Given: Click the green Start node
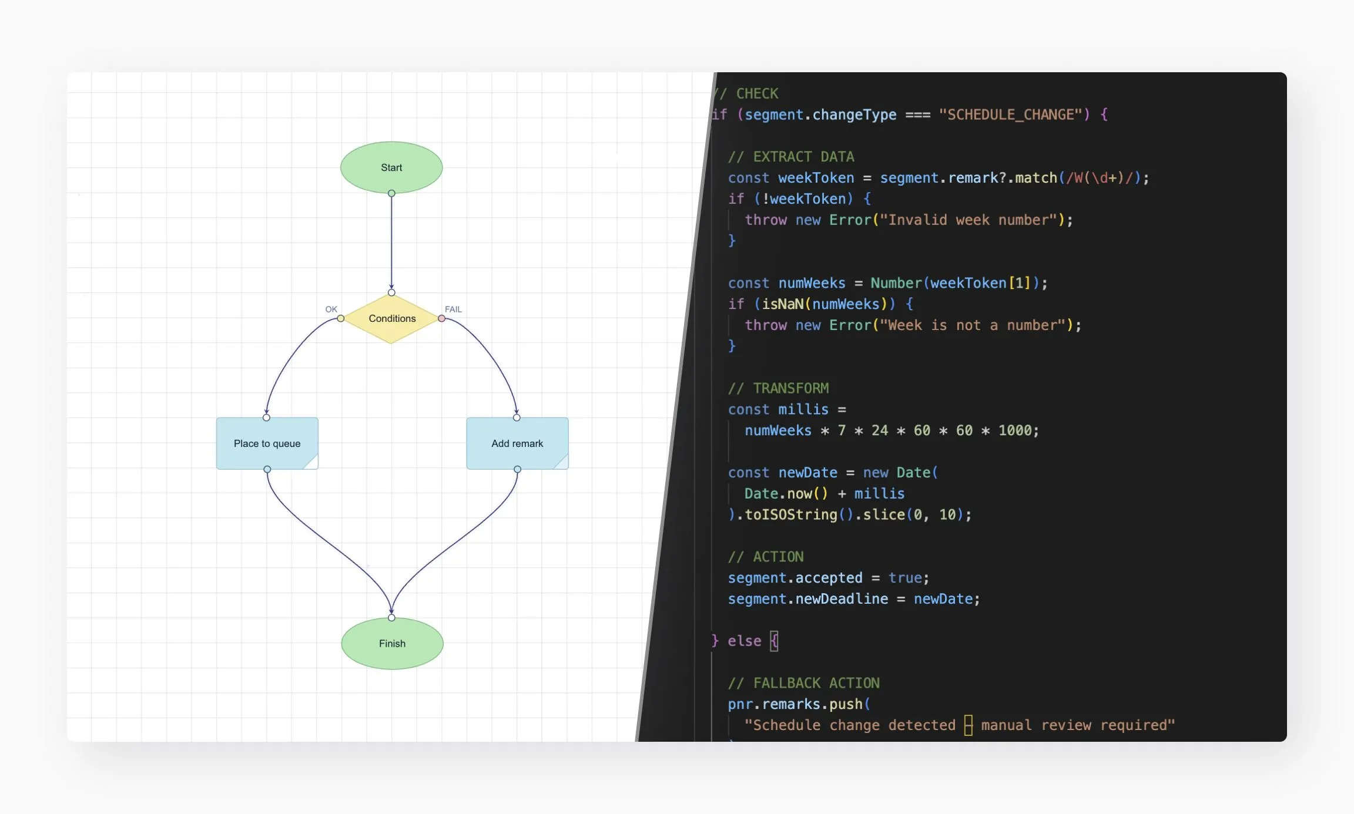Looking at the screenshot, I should (x=391, y=167).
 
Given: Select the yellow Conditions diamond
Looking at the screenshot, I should (x=391, y=318).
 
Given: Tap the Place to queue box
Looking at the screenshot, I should (x=267, y=443).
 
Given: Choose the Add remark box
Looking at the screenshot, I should (x=517, y=443).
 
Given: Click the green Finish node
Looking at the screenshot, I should (x=392, y=644).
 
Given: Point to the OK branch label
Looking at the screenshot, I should (x=331, y=309).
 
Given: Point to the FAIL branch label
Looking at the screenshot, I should (x=453, y=309).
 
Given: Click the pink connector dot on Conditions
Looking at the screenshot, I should (x=441, y=318).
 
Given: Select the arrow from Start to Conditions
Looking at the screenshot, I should (x=391, y=241).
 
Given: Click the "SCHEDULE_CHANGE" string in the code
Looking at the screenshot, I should (x=1010, y=115).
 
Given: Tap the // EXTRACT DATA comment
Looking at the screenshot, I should (x=791, y=157).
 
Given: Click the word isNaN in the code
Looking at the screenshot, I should (x=783, y=304).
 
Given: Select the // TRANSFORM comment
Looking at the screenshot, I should (x=779, y=388).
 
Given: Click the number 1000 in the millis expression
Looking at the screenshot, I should (x=1015, y=430).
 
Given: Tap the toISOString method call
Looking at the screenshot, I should (x=791, y=515).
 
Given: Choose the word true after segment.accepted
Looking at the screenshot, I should (x=905, y=578).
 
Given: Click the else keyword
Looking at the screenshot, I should (x=744, y=641).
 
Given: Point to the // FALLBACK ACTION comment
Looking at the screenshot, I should (x=804, y=683).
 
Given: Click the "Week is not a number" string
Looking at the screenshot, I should (x=973, y=325).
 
